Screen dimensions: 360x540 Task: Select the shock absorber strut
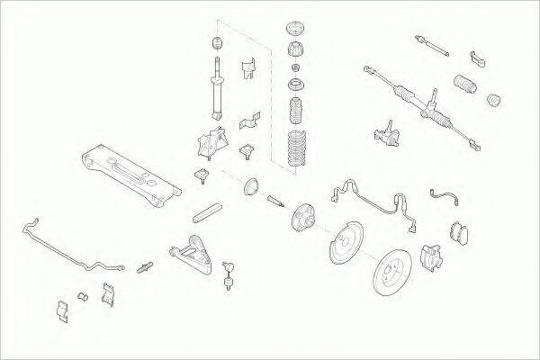[216, 91]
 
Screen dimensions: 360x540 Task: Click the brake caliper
[429, 258]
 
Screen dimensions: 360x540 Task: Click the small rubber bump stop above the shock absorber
[215, 43]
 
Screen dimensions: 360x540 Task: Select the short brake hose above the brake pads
[443, 195]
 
